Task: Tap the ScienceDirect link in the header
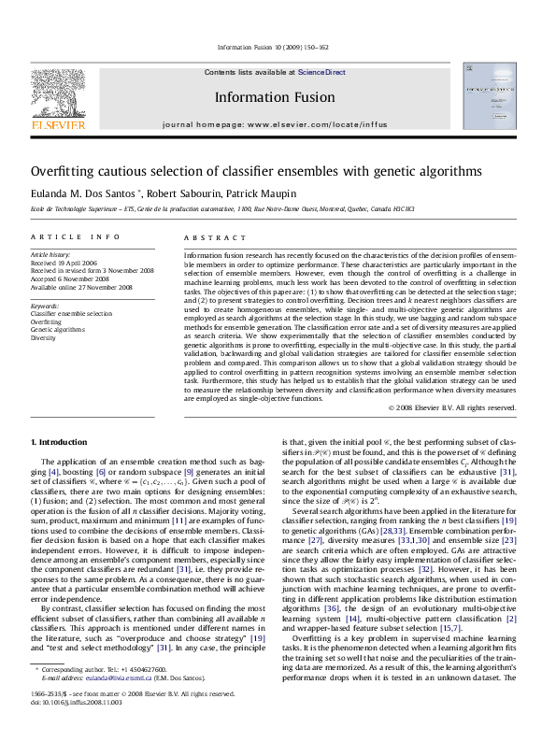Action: pyautogui.click(x=321, y=72)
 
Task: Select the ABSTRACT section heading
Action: pyautogui.click(x=207, y=238)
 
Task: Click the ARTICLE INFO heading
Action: pyautogui.click(x=76, y=238)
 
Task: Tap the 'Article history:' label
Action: pyautogui.click(x=50, y=254)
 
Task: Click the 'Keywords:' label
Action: pyautogui.click(x=45, y=306)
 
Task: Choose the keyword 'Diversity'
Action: pyautogui.click(x=43, y=338)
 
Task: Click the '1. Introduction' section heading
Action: pyautogui.click(x=60, y=440)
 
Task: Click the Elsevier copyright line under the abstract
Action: pyautogui.click(x=451, y=407)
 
